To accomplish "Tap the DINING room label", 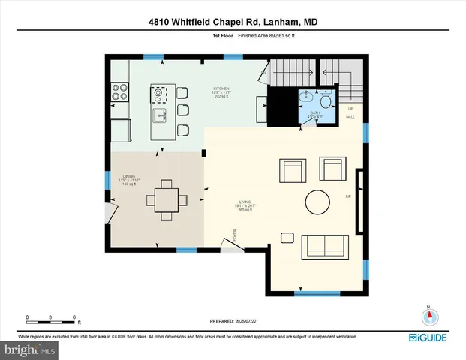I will tap(130, 177).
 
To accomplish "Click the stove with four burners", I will tap(120, 91).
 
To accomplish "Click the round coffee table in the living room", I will tap(317, 202).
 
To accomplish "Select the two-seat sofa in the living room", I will tap(323, 245).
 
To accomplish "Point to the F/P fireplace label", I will tap(347, 196).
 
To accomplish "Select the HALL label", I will tap(350, 118).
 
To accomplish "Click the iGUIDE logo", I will tap(431, 337).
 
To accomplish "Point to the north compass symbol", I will tap(428, 315).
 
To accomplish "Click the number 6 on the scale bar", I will tap(74, 316).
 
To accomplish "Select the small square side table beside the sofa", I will tap(287, 238).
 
